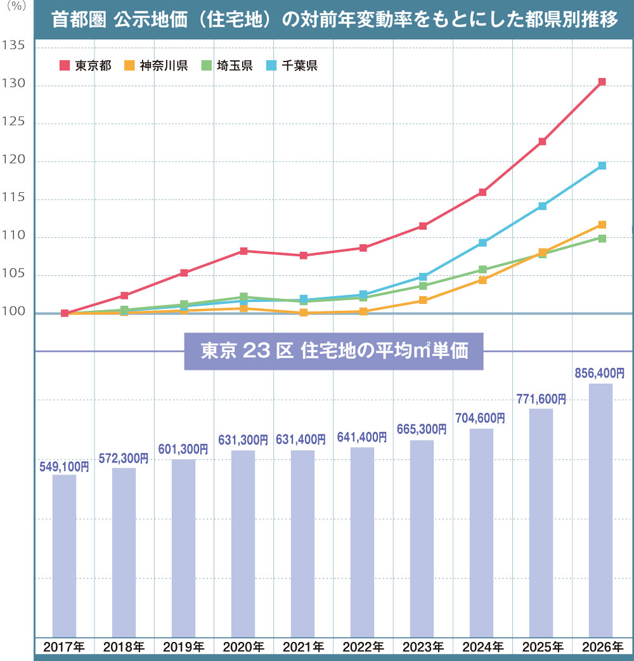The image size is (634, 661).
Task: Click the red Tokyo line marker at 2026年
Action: click(x=602, y=82)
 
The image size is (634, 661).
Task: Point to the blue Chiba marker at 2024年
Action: click(x=482, y=242)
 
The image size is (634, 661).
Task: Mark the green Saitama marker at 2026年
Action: click(x=602, y=239)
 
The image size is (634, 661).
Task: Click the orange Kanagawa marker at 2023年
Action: click(x=423, y=300)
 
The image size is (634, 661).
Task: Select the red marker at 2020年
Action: click(x=244, y=251)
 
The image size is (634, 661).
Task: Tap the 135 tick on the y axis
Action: click(x=13, y=46)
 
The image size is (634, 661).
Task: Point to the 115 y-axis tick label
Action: click(x=13, y=199)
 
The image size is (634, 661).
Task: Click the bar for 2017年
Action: click(x=64, y=555)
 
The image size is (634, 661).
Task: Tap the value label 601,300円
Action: click(x=183, y=448)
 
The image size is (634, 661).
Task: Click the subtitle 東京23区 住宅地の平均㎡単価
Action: click(x=333, y=351)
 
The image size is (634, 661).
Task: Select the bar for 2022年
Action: click(x=362, y=542)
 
